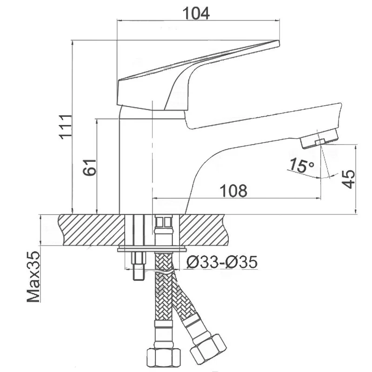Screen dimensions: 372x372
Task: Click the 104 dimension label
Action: coord(196,13)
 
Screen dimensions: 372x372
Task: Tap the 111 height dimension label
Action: coord(66,127)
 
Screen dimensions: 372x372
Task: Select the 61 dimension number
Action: coord(90,167)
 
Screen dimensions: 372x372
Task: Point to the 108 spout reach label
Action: coord(234,191)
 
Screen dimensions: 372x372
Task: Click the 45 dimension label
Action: coord(348,179)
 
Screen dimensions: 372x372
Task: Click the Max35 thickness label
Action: coord(33,277)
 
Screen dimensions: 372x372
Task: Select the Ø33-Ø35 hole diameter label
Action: coord(222,262)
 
